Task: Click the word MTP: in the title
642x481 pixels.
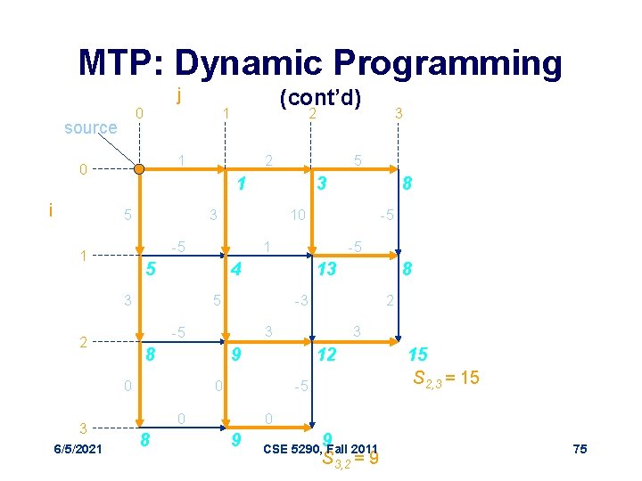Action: point(121,63)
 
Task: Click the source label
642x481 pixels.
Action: point(90,127)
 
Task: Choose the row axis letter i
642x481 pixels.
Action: point(51,211)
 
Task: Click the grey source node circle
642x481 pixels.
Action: point(138,168)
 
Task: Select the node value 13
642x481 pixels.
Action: point(326,268)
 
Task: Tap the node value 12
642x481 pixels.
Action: point(326,355)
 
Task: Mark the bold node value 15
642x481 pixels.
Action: point(419,355)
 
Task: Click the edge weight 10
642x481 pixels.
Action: point(297,215)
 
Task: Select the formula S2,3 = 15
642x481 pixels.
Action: point(446,378)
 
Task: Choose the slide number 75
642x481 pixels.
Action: point(580,449)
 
